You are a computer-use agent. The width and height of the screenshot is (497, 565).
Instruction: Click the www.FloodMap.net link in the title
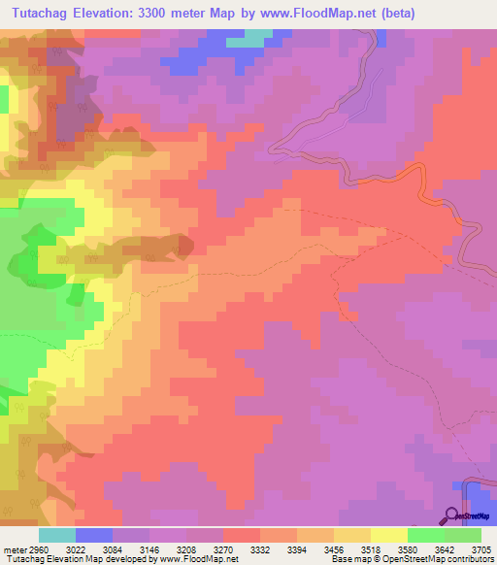pyautogui.click(x=329, y=14)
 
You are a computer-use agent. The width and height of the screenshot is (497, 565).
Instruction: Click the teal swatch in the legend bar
pyautogui.click(x=57, y=535)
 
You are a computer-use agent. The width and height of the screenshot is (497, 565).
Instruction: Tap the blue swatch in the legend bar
pyautogui.click(x=94, y=535)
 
